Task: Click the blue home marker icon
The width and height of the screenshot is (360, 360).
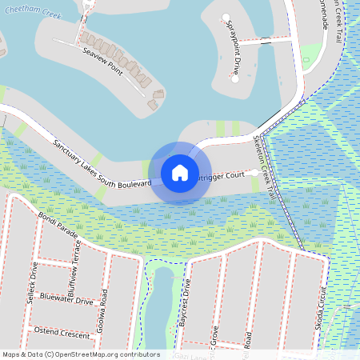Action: click(x=180, y=173)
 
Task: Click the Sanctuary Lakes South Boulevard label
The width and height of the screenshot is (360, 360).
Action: click(x=102, y=164)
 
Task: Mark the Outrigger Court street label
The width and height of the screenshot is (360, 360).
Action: click(x=219, y=175)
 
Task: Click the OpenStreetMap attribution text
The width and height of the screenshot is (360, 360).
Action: click(x=81, y=354)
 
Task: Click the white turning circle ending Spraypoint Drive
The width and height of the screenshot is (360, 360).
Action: click(x=226, y=18)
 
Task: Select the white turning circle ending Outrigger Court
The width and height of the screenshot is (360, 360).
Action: click(x=254, y=172)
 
